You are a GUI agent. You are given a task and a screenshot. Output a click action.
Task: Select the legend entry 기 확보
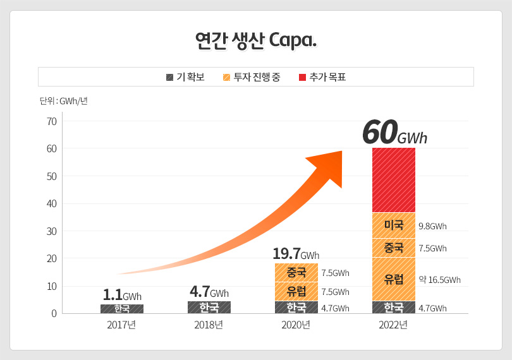[x=185, y=77]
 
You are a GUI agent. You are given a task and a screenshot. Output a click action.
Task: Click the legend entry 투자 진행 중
[x=252, y=77]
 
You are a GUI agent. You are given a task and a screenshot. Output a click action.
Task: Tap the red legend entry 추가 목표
[x=322, y=77]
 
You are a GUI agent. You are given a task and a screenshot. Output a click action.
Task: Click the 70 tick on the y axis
[x=51, y=121]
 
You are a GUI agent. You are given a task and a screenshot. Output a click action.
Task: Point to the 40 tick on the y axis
[x=51, y=203]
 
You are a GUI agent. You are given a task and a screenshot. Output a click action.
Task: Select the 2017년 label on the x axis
[x=121, y=325]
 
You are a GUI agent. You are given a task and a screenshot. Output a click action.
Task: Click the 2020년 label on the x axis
[x=296, y=325]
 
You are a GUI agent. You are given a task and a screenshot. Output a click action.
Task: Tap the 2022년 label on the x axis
[x=393, y=325]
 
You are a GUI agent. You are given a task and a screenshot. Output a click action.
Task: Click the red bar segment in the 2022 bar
[x=393, y=180]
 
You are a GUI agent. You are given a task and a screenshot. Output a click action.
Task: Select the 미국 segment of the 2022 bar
[x=393, y=225]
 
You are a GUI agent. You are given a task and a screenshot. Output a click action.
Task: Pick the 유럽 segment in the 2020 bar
[x=296, y=291]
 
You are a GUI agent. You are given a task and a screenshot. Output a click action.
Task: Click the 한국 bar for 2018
[x=209, y=308]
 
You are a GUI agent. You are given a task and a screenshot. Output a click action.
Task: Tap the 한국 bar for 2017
[x=121, y=309]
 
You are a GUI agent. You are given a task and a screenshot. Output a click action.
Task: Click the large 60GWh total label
[x=394, y=133]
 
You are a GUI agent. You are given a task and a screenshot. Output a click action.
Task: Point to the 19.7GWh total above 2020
[x=296, y=254]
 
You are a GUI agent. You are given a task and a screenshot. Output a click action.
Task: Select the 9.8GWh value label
[x=432, y=226]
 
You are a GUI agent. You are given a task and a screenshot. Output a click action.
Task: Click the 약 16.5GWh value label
[x=439, y=279]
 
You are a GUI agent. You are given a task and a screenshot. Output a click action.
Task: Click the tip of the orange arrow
[x=341, y=152]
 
